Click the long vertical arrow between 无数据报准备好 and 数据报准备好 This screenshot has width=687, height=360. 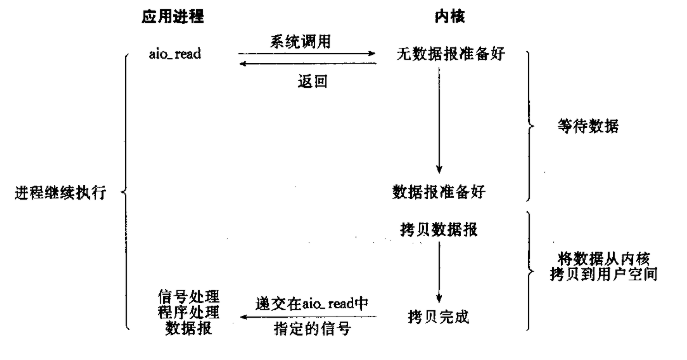coord(439,120)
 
